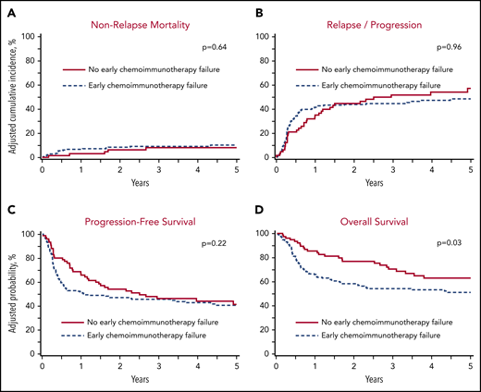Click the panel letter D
tap(250, 205)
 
